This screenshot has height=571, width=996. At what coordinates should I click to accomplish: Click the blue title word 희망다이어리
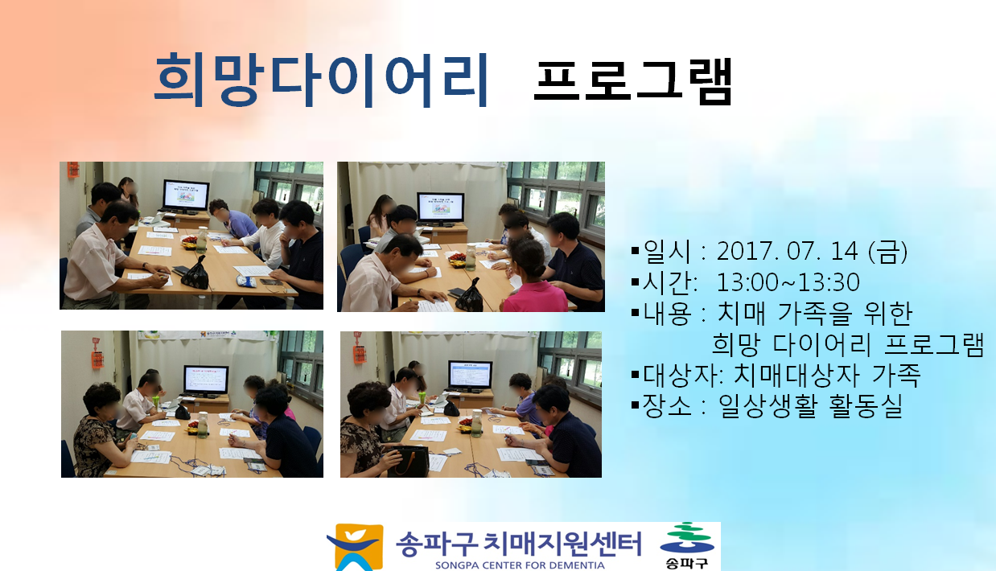tap(321, 80)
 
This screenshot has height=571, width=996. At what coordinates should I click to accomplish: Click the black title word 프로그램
tap(632, 82)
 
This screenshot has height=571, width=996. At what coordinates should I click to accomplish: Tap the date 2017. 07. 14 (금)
tap(812, 252)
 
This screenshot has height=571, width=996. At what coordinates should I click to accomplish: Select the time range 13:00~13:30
tap(788, 282)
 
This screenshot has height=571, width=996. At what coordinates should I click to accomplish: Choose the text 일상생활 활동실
tap(810, 405)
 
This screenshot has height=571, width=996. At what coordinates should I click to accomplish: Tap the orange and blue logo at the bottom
tap(356, 547)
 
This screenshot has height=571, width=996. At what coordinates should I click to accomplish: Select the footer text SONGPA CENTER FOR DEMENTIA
tap(520, 565)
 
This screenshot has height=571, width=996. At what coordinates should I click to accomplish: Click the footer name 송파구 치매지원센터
tap(518, 544)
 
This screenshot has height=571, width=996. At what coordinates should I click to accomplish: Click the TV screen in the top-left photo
tap(186, 195)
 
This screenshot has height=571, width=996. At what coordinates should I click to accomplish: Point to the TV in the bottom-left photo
tap(206, 380)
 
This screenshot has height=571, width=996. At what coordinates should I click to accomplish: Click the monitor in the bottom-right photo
tap(470, 376)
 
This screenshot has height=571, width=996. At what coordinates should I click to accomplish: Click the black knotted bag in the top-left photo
tap(196, 274)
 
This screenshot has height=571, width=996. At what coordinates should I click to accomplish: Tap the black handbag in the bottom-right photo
tap(408, 462)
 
